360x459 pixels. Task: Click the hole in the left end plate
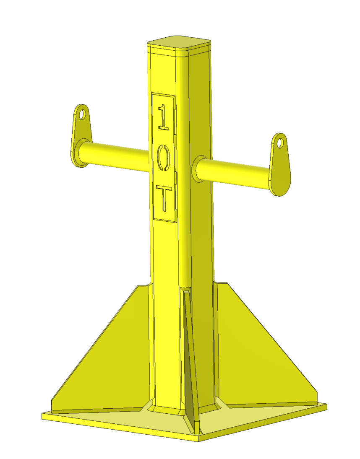(x=83, y=113)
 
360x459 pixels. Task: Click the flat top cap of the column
(x=178, y=42)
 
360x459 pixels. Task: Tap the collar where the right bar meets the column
(x=197, y=169)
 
